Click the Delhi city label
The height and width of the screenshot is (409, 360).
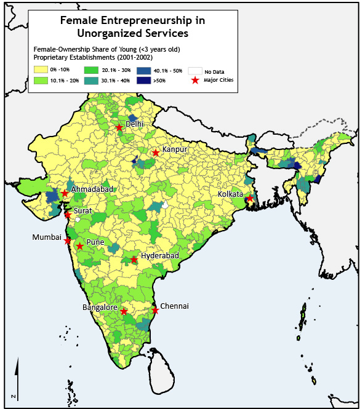pyautogui.click(x=135, y=124)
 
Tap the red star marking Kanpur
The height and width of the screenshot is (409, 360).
pyautogui.click(x=156, y=153)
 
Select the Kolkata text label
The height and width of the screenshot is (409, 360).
pyautogui.click(x=230, y=194)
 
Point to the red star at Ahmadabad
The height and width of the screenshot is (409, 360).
pyautogui.click(x=65, y=193)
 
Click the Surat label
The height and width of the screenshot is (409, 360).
pyautogui.click(x=82, y=211)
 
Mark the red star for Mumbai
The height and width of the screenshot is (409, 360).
pyautogui.click(x=68, y=240)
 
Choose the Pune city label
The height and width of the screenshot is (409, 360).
pyautogui.click(x=95, y=242)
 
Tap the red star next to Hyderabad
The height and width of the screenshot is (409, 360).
pyautogui.click(x=134, y=259)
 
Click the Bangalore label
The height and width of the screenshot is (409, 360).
pyautogui.click(x=100, y=307)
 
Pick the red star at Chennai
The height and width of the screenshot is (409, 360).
pyautogui.click(x=155, y=311)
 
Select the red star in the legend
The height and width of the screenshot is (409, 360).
pyautogui.click(x=195, y=80)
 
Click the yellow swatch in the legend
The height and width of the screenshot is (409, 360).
pyautogui.click(x=41, y=69)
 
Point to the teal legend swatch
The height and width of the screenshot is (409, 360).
pyautogui.click(x=92, y=80)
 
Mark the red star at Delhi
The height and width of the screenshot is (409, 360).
pyautogui.click(x=119, y=128)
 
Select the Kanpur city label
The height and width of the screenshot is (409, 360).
pyautogui.click(x=174, y=149)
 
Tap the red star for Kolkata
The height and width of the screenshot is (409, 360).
pyautogui.click(x=250, y=198)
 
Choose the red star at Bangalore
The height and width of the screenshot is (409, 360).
pyautogui.click(x=124, y=312)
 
